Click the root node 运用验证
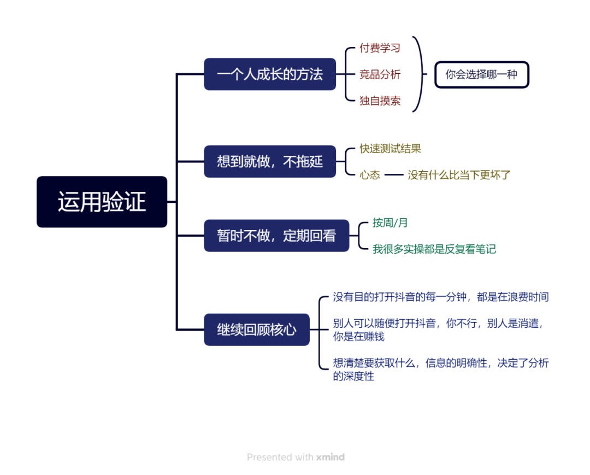tap(102, 202)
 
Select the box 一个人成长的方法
tap(270, 74)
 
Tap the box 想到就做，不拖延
tap(270, 161)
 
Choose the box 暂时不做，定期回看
tap(276, 236)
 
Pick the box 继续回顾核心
tap(257, 330)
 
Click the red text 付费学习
tap(380, 48)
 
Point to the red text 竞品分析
tap(380, 75)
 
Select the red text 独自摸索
tap(380, 101)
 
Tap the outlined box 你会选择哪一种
tap(481, 75)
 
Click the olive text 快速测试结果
tap(390, 149)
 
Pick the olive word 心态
tap(370, 175)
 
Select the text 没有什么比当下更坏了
tap(459, 175)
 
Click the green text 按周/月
tap(390, 223)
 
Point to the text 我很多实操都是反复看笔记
tap(434, 249)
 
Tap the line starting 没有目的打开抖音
tap(441, 297)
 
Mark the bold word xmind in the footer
tap(330, 457)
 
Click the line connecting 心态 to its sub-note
tap(393, 175)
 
